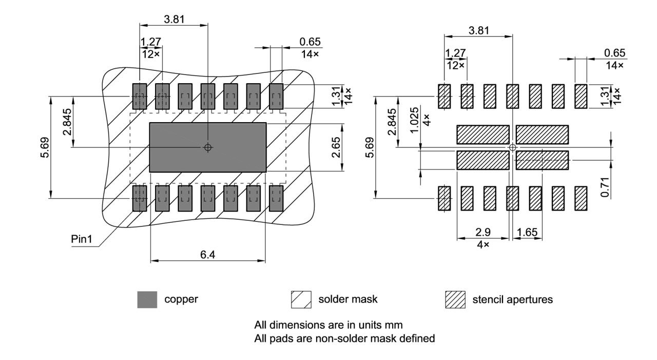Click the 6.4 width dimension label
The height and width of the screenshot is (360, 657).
[207, 255]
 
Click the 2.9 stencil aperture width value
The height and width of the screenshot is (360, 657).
[482, 232]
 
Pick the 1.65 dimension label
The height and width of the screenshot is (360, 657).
[527, 232]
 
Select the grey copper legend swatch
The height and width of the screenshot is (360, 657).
[147, 299]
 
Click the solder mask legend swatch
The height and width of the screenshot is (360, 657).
[301, 299]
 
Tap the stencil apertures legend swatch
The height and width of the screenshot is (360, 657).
[455, 299]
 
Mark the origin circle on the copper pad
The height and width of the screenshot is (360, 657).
[207, 147]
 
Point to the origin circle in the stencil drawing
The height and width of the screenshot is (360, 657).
[512, 147]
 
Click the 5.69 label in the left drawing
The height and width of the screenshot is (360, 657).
[45, 147]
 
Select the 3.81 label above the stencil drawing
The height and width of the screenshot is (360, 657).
[478, 30]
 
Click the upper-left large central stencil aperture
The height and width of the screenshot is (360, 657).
[482, 135]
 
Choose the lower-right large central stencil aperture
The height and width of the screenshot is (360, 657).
[542, 160]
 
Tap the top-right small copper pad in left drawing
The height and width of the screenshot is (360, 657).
[276, 97]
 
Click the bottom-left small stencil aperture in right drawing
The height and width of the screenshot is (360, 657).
[444, 198]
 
